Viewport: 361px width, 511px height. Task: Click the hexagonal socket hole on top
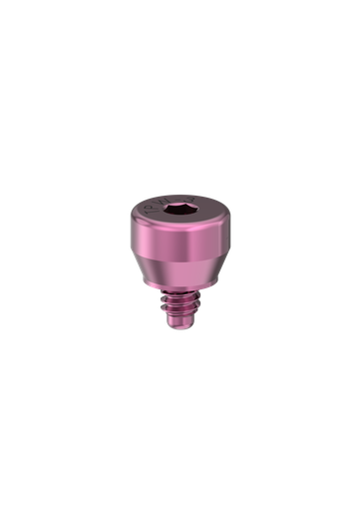(x=180, y=212)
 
